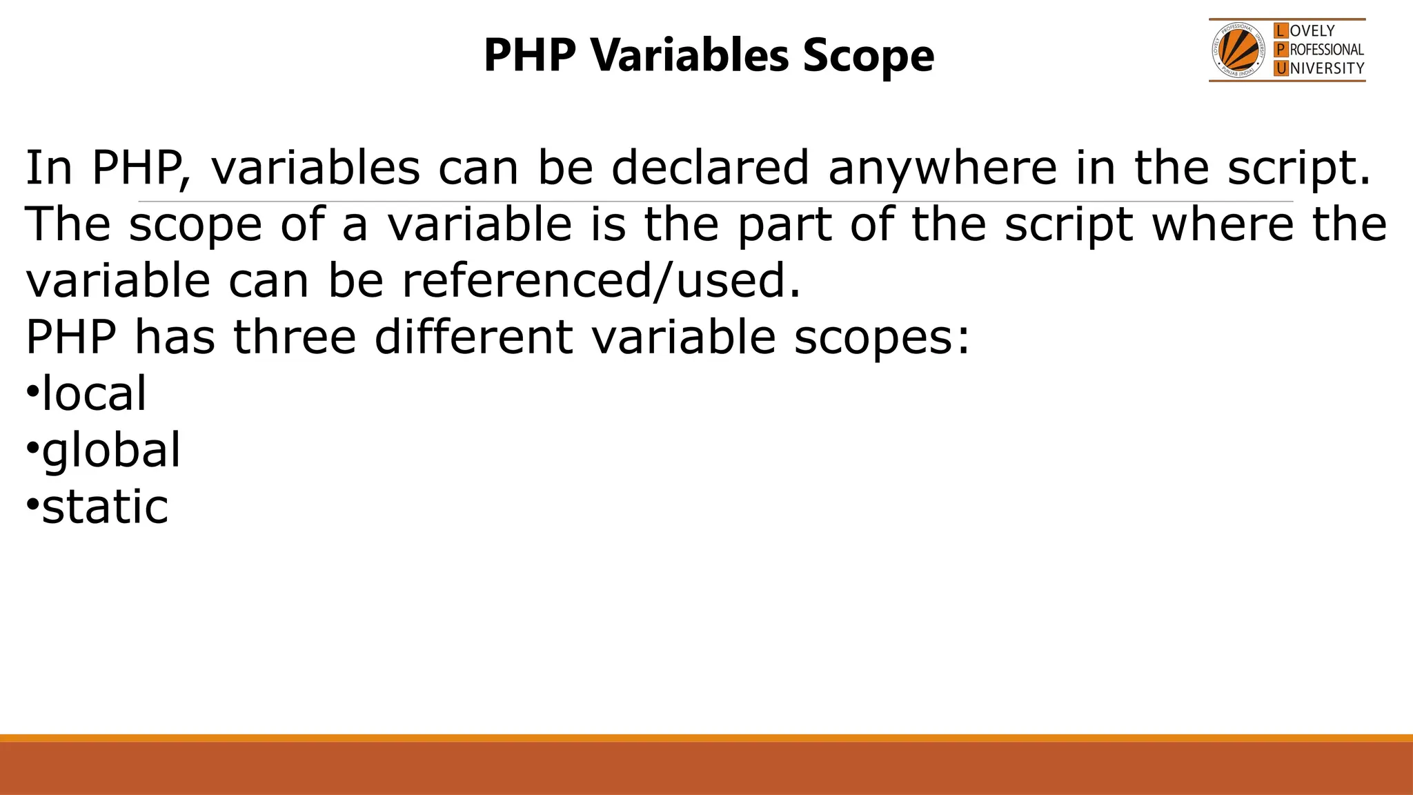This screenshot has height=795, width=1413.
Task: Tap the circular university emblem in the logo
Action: tap(1239, 50)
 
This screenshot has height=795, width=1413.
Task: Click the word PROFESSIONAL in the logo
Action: tap(1326, 50)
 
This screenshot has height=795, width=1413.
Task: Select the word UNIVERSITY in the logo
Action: tap(1326, 68)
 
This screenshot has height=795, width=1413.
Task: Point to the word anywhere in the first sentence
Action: tap(942, 168)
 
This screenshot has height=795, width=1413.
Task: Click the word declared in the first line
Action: tap(710, 168)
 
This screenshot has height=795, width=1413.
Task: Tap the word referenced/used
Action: tap(601, 281)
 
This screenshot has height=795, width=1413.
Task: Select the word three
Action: tap(295, 337)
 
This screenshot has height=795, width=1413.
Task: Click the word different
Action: tap(473, 337)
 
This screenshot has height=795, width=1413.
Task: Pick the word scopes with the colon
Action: tap(882, 337)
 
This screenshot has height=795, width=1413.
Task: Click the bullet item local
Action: tap(94, 394)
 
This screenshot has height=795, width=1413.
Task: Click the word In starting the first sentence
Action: tap(49, 168)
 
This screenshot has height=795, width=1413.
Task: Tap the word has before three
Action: tap(174, 337)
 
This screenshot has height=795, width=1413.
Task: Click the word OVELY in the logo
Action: tap(1312, 31)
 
